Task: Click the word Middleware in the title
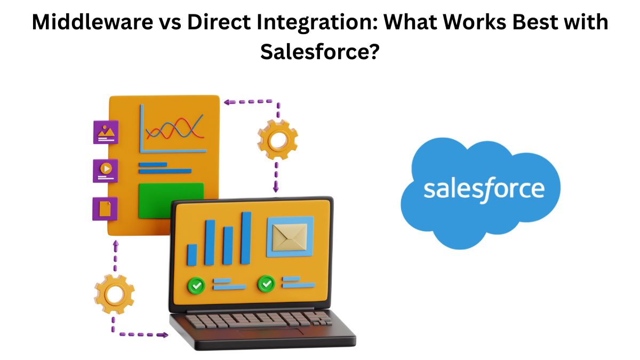click(x=93, y=22)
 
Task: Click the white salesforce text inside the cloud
click(x=484, y=190)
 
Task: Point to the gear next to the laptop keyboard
click(x=114, y=294)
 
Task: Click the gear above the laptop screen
click(x=277, y=140)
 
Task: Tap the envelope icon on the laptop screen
click(x=290, y=237)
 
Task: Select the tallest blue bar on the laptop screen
click(x=246, y=238)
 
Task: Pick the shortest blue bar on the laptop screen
click(x=192, y=255)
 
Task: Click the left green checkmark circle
click(x=196, y=285)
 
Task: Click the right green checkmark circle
click(x=267, y=284)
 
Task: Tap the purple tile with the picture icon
click(x=106, y=132)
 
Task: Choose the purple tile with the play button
click(x=106, y=171)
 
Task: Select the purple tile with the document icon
click(x=105, y=209)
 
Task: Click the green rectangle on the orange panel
click(x=171, y=201)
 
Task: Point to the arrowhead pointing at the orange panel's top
click(x=227, y=102)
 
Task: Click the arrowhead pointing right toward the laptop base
click(x=164, y=335)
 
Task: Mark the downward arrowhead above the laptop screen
click(x=276, y=189)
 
